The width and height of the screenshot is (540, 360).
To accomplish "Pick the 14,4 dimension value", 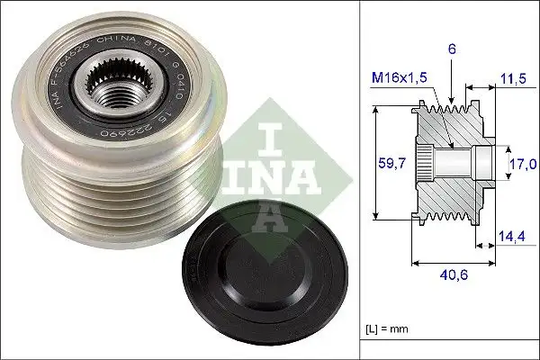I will (511, 236).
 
